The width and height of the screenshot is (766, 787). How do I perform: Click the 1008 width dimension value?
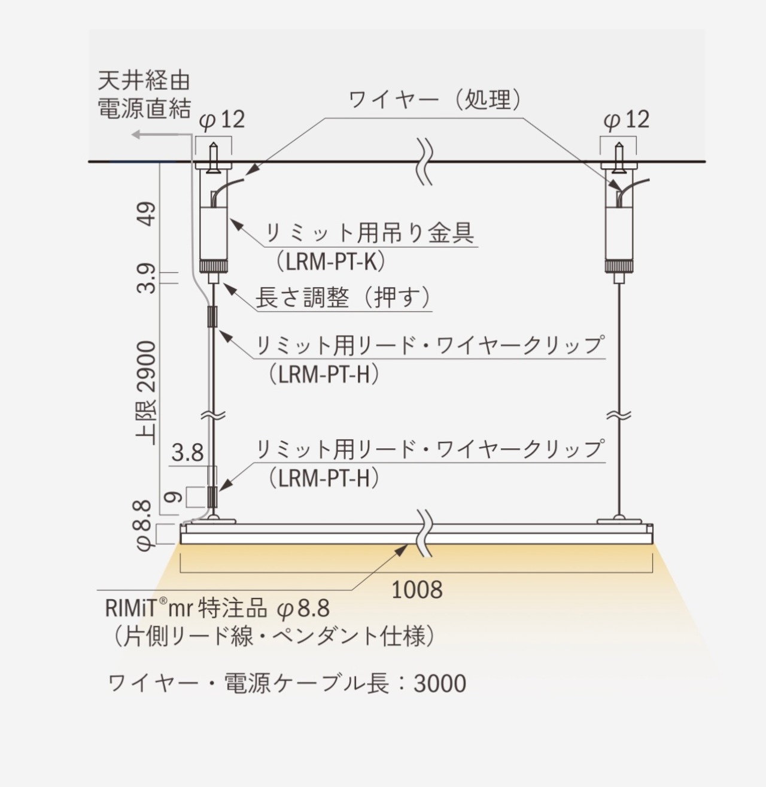click(417, 590)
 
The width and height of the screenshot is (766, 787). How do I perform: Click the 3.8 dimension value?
click(188, 452)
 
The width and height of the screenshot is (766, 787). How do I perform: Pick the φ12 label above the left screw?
click(222, 120)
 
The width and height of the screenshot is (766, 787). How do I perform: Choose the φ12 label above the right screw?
click(626, 120)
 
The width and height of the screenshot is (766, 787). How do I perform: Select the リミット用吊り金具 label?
click(369, 233)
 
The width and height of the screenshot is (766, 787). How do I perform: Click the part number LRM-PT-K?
click(330, 261)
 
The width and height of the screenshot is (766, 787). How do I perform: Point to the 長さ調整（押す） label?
click(344, 297)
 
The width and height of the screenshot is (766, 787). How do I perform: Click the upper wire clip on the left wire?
click(212, 316)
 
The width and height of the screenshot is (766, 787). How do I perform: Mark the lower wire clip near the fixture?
click(212, 495)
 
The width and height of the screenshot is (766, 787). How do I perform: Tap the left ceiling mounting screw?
click(213, 157)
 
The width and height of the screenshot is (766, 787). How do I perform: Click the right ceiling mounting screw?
click(618, 157)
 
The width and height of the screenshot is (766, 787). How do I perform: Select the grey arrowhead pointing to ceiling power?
click(136, 135)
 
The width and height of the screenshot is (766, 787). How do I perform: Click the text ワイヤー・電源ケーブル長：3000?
click(287, 683)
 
